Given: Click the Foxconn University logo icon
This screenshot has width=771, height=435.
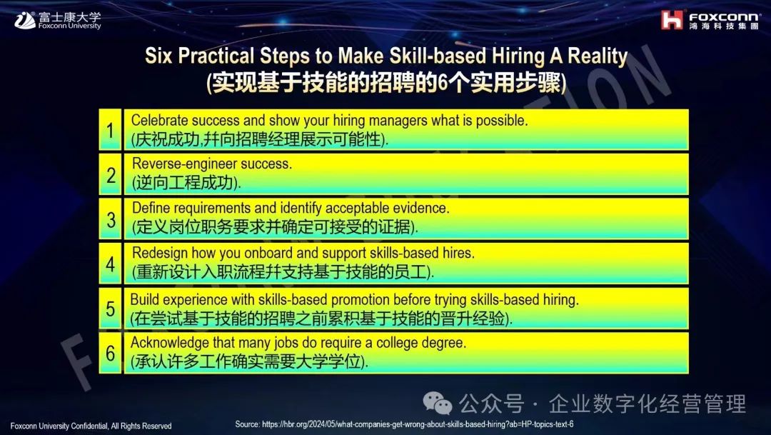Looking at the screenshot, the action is (25, 20).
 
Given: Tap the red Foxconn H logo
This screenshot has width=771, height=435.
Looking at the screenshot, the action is (672, 20).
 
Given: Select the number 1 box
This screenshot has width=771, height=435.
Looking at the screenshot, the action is (110, 130).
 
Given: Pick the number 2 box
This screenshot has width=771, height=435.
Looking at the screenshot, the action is (110, 175).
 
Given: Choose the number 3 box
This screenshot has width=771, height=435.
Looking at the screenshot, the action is (110, 219).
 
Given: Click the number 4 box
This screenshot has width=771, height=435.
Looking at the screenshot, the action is (110, 264).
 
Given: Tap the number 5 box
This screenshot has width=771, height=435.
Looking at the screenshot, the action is (110, 309).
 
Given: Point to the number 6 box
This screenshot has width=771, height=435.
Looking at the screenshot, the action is (110, 353).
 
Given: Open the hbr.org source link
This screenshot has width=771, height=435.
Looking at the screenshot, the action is (418, 424).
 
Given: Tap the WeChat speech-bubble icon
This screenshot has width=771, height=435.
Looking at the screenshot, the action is (438, 403).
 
